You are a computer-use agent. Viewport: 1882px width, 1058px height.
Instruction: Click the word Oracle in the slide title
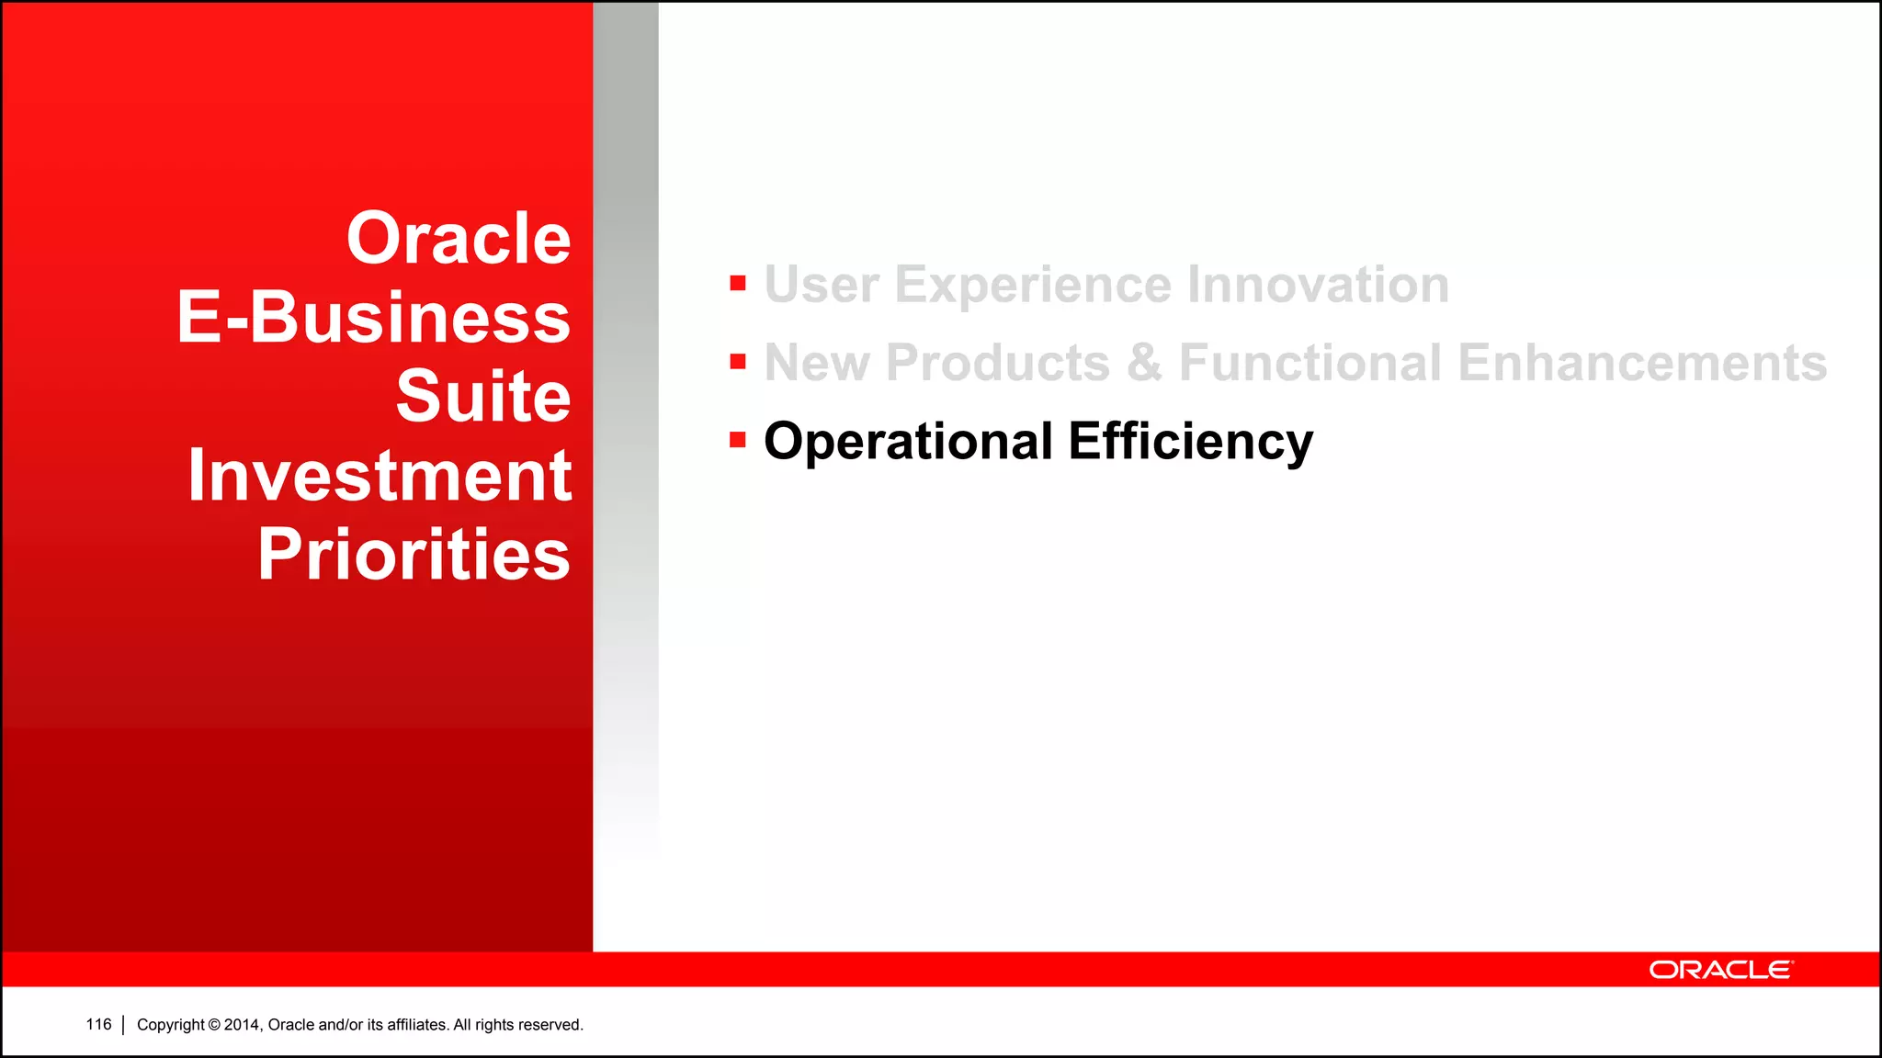459,239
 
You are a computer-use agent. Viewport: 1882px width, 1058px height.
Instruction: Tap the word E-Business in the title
374,318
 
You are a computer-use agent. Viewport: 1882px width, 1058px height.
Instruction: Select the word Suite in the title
483,397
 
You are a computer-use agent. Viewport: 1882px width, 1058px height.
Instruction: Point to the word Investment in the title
380,476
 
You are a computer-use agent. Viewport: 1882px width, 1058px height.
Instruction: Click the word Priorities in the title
414,555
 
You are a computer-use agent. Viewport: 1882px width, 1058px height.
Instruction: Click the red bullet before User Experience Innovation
737,283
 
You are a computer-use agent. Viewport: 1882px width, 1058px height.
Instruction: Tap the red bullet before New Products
737,362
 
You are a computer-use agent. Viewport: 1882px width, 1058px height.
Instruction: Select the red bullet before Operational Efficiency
737,441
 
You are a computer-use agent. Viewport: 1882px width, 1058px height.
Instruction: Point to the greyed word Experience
1033,285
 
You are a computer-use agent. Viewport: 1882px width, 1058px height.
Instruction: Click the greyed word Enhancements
1642,363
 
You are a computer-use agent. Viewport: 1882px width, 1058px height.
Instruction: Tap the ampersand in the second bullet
1144,363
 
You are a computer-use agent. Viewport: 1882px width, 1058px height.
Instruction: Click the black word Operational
908,442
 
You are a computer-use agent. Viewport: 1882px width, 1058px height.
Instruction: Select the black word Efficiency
1190,442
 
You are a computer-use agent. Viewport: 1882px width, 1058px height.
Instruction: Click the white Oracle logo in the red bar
1720,970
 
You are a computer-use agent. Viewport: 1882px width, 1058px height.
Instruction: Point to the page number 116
98,1024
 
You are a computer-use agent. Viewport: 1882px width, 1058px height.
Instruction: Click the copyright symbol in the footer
214,1025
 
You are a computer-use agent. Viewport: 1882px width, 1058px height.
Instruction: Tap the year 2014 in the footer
243,1025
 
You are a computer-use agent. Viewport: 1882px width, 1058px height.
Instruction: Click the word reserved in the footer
552,1025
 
